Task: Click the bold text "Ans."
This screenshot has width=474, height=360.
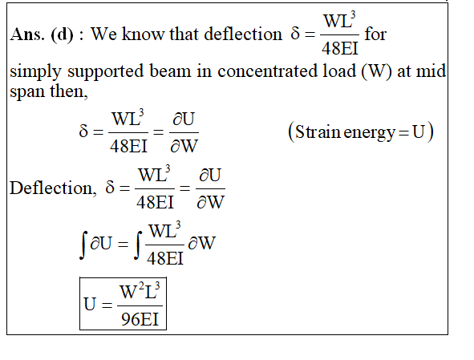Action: click(x=27, y=34)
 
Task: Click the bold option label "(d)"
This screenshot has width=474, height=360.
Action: click(x=62, y=34)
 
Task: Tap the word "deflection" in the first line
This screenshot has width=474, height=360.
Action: click(x=243, y=34)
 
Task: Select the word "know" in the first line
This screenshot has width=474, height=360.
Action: click(x=143, y=34)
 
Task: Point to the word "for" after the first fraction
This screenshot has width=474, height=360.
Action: click(x=375, y=34)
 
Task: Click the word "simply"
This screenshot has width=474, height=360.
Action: click(x=35, y=72)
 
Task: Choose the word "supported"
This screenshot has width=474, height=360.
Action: click(x=106, y=72)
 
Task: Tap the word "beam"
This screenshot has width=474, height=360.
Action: click(x=170, y=71)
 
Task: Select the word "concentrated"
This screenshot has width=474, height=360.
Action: click(x=267, y=71)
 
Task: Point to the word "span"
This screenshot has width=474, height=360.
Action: click(x=27, y=92)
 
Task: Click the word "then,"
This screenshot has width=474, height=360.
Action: click(x=69, y=91)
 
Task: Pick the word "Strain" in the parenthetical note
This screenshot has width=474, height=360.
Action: click(x=318, y=131)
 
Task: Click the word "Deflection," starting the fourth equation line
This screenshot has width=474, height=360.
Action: click(x=53, y=188)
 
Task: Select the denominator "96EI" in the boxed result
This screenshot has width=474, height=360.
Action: click(x=140, y=319)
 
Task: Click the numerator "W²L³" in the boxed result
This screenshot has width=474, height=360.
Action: click(x=140, y=290)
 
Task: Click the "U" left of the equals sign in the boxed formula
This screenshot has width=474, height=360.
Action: click(x=90, y=304)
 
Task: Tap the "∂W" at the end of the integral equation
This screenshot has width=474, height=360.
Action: click(x=201, y=243)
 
